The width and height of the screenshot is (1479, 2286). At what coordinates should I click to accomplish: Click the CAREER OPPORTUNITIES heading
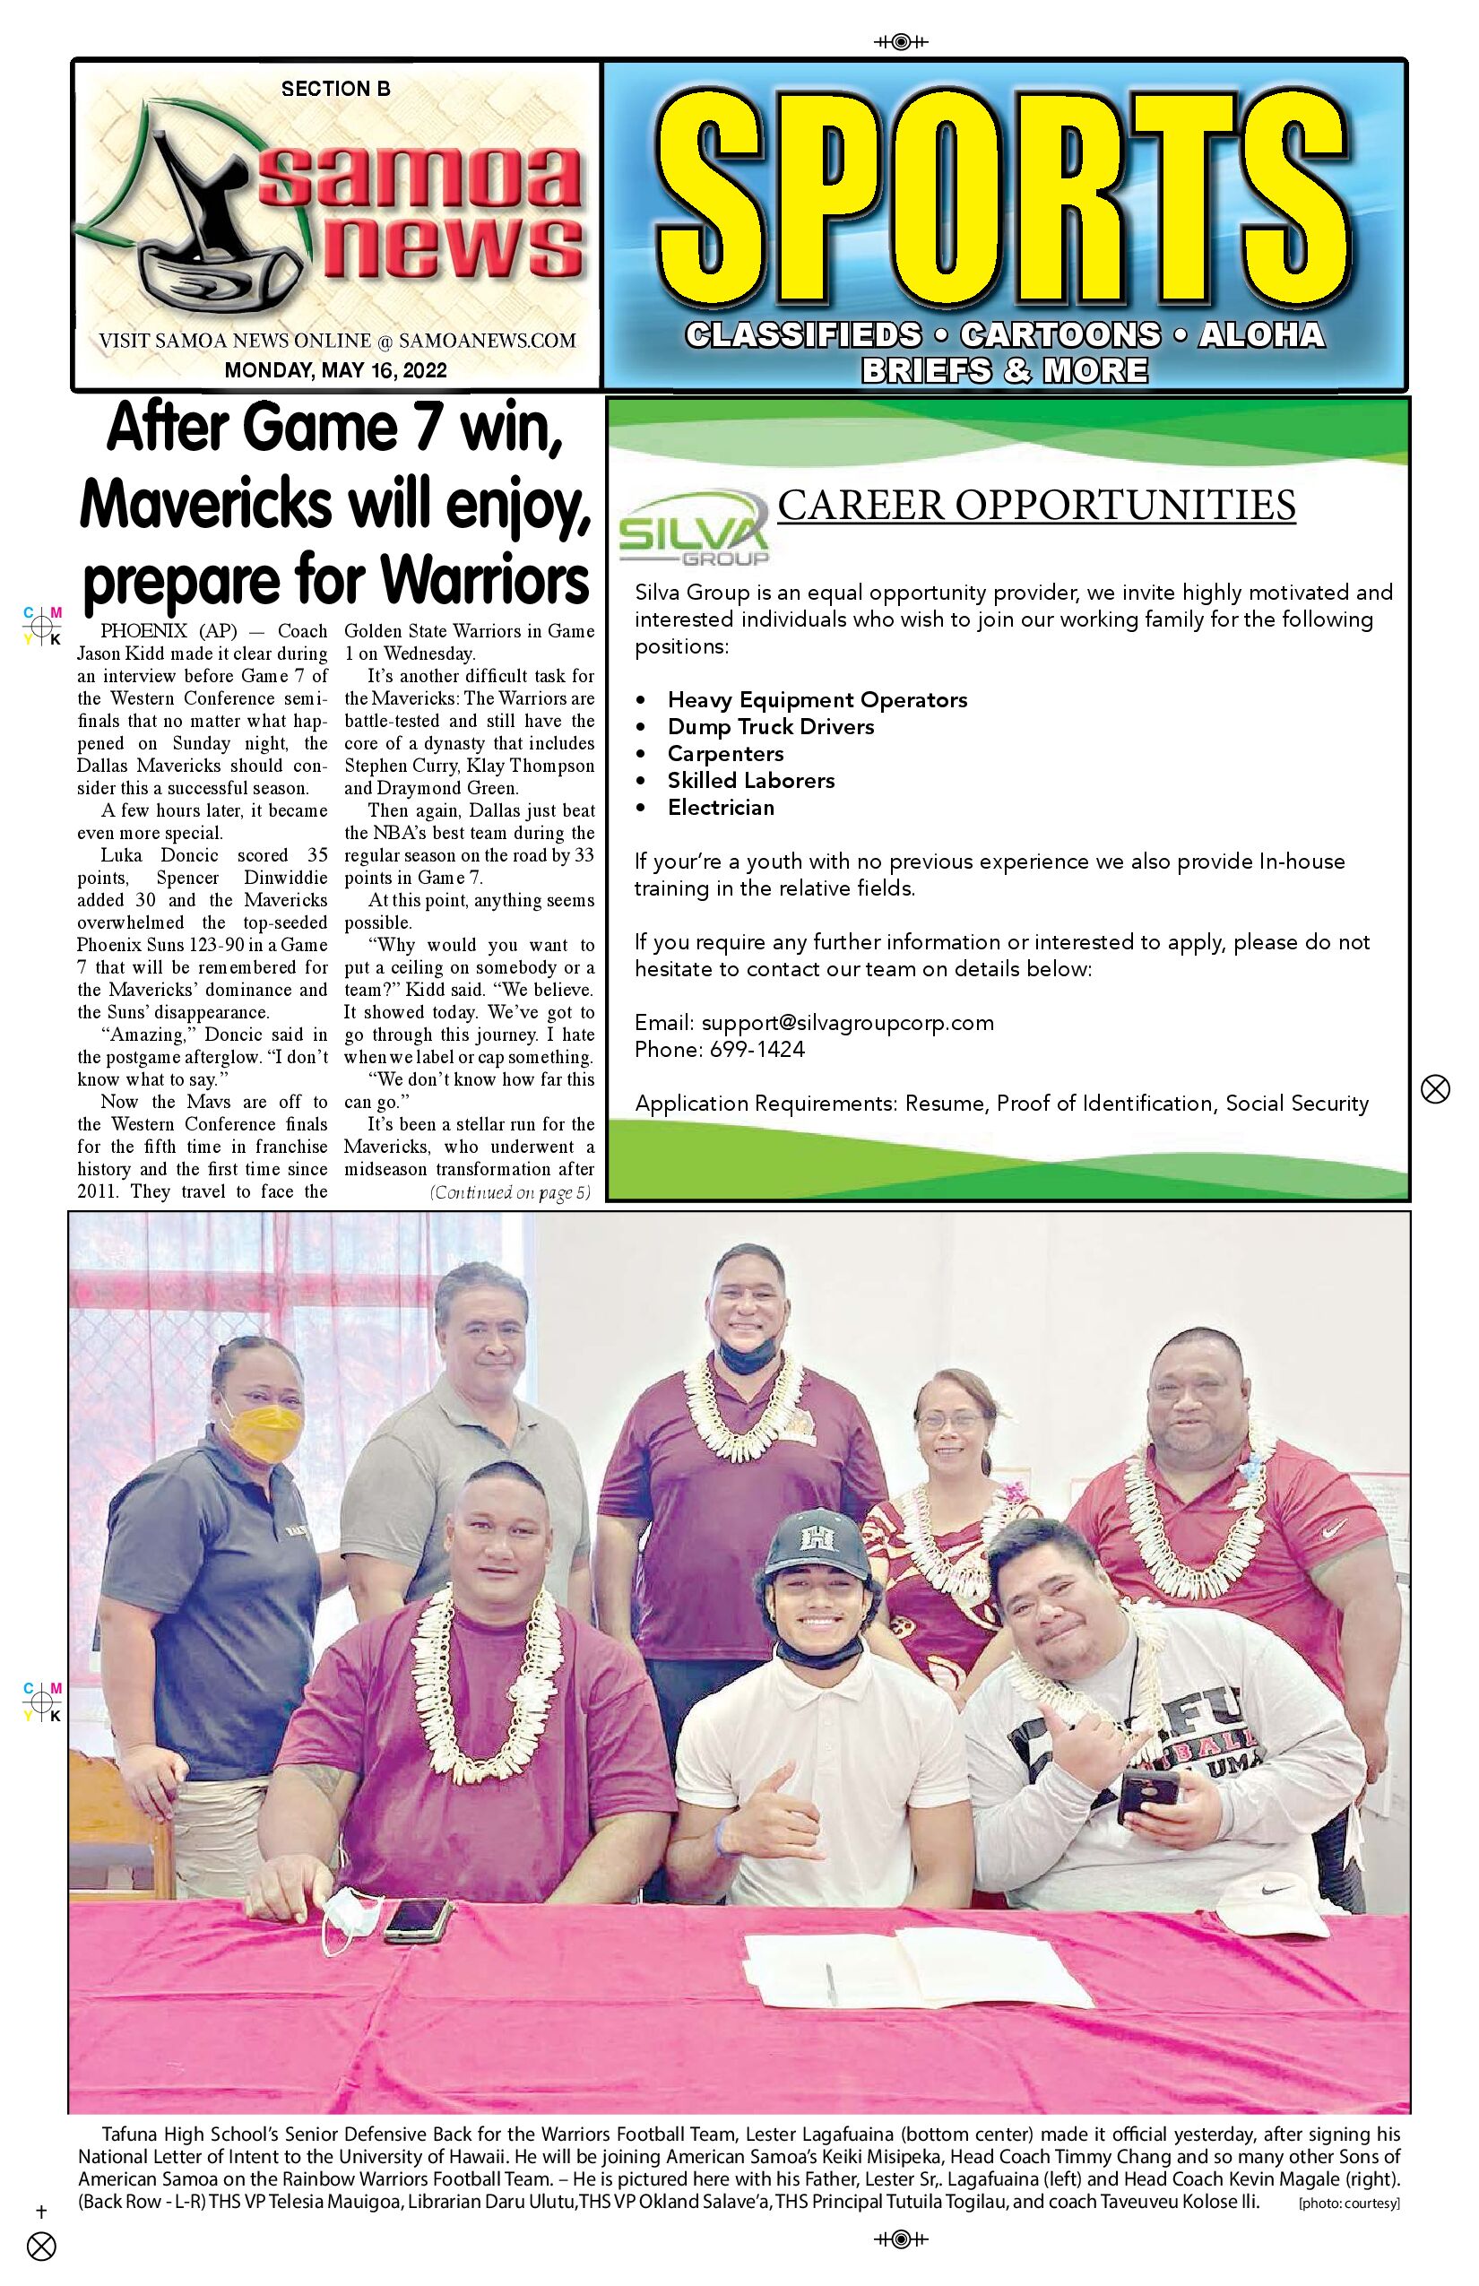1035,506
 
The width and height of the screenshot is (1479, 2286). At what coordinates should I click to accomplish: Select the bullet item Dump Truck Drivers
770,726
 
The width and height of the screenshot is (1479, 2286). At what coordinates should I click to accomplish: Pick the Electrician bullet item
721,807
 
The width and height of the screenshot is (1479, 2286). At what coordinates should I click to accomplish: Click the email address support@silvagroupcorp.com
847,1022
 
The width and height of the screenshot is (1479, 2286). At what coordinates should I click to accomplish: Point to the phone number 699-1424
757,1049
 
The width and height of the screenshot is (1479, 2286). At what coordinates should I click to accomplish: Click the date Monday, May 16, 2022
335,369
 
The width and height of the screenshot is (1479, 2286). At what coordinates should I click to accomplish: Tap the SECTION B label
335,90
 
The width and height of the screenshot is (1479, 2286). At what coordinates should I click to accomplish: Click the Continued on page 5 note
510,1193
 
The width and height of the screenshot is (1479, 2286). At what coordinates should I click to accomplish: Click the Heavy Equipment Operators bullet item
817,699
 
